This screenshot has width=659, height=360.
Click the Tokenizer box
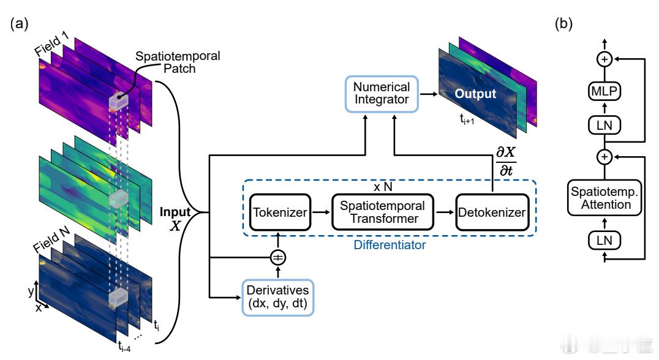[280, 212]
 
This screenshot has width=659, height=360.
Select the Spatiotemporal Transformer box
[382, 212]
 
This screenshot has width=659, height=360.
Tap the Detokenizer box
[492, 212]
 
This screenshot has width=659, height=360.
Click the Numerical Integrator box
[382, 94]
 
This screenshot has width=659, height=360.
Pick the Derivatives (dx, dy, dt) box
[278, 298]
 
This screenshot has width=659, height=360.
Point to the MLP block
[604, 91]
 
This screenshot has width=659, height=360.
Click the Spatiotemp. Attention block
[604, 198]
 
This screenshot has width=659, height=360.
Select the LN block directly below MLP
[604, 125]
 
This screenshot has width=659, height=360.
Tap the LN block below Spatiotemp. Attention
[604, 240]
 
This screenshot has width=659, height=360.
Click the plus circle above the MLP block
[604, 59]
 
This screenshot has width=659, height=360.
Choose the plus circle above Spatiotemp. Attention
[604, 157]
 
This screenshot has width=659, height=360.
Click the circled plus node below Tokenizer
[278, 258]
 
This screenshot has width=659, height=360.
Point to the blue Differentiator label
[390, 245]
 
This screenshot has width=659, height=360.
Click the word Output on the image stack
[475, 94]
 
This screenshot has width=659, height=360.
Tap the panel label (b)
[563, 23]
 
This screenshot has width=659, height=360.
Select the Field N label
[51, 240]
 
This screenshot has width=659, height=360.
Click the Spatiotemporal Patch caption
[178, 62]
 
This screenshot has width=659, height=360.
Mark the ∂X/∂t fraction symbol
[506, 161]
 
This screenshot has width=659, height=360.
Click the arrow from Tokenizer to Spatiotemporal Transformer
[321, 212]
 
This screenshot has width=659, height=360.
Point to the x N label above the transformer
[383, 187]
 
